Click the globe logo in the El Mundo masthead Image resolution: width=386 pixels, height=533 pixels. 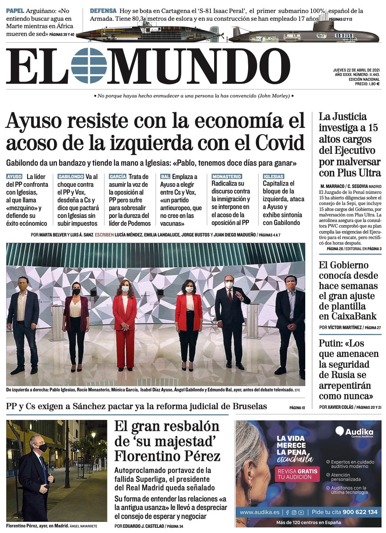point(89,66)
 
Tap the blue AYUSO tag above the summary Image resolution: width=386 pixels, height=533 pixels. point(14,177)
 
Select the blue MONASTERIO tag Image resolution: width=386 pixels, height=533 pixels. point(227,177)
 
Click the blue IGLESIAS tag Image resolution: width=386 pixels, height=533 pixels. point(273,177)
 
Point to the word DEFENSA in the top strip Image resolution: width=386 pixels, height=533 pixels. point(103,11)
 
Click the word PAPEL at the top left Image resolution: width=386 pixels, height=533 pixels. point(15,11)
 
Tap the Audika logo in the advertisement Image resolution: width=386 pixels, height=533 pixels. point(355,432)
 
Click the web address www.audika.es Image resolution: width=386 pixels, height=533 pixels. point(260,512)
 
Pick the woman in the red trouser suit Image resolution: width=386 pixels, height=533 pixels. point(124,322)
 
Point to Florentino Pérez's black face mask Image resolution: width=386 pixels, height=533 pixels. point(43,448)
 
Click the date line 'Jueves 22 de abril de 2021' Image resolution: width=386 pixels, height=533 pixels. point(356,70)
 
